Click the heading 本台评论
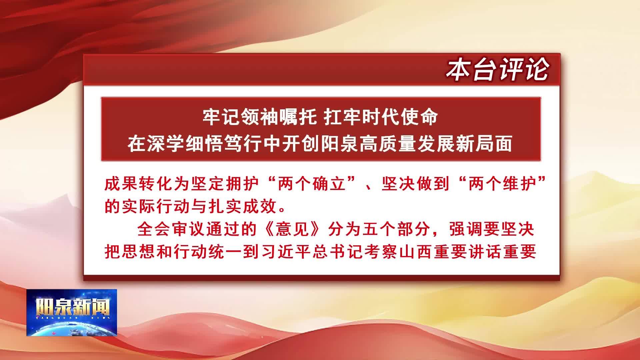[498, 70]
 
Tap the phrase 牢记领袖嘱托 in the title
[260, 118]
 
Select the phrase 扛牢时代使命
[381, 118]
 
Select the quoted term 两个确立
[312, 184]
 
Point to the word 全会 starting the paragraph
[153, 230]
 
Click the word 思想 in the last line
[139, 252]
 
